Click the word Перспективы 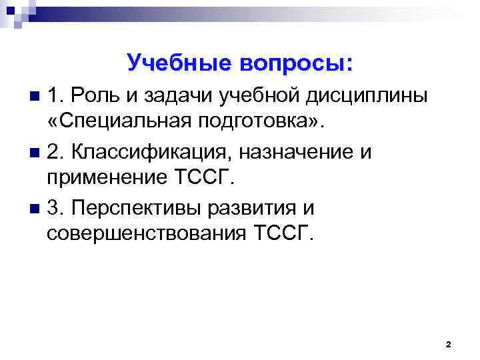[x=138, y=209]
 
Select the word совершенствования [x=147, y=235]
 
